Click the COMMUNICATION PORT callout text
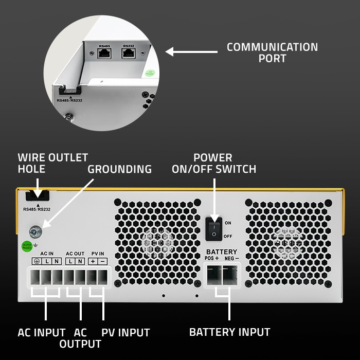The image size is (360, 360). tap(272, 52)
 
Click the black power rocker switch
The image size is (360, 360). tap(214, 229)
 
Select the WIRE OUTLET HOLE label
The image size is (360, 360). tap(52, 163)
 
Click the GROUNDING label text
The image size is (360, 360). tap(119, 169)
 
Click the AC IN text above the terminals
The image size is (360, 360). tap(47, 254)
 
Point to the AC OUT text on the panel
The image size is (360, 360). tap(75, 254)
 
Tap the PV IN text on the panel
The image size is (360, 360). tap(98, 254)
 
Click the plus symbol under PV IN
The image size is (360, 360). tap(93, 262)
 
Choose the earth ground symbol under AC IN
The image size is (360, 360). tap(37, 262)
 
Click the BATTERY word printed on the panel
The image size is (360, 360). tap(222, 251)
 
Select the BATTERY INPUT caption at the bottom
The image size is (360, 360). tap(229, 332)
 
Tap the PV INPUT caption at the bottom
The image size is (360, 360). tap(125, 333)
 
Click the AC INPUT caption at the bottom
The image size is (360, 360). tap(42, 333)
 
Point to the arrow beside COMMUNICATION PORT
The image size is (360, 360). tap(191, 51)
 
